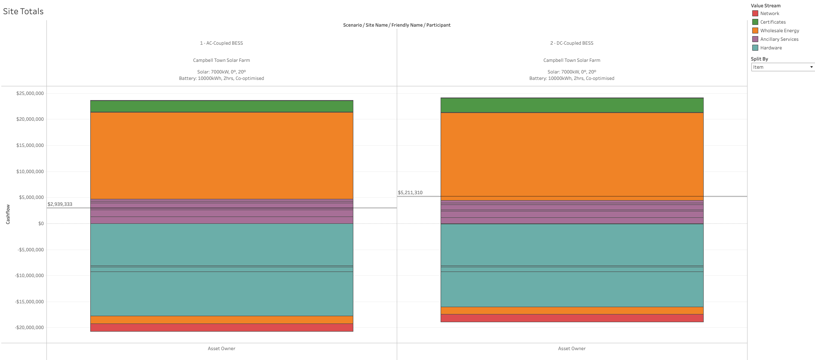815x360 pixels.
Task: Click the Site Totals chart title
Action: [x=23, y=12]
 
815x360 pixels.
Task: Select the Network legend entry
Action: [x=769, y=13]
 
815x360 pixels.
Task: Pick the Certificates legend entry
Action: [x=772, y=22]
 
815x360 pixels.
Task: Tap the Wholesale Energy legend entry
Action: [x=779, y=31]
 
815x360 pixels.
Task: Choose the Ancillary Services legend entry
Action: [x=779, y=39]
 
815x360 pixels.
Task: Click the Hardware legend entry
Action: [x=771, y=48]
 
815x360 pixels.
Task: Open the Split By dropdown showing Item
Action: [x=782, y=67]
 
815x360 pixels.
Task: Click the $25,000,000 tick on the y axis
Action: [x=30, y=93]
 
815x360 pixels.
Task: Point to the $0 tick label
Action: [x=41, y=223]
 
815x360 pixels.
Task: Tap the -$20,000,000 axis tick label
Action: [x=29, y=327]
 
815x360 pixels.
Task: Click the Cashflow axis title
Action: [x=8, y=214]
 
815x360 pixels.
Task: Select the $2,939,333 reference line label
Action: [x=60, y=204]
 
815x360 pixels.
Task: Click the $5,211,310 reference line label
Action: [x=410, y=192]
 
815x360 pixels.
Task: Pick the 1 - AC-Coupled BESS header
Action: [x=221, y=43]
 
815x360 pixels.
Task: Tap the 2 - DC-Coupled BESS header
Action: [x=572, y=43]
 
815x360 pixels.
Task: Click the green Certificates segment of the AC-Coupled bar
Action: [x=221, y=106]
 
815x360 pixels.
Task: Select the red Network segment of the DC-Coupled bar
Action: [x=572, y=318]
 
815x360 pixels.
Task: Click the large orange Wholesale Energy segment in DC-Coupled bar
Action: [x=572, y=155]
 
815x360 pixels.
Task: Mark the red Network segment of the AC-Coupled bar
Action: [x=221, y=327]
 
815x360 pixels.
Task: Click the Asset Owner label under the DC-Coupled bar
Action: [x=572, y=348]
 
